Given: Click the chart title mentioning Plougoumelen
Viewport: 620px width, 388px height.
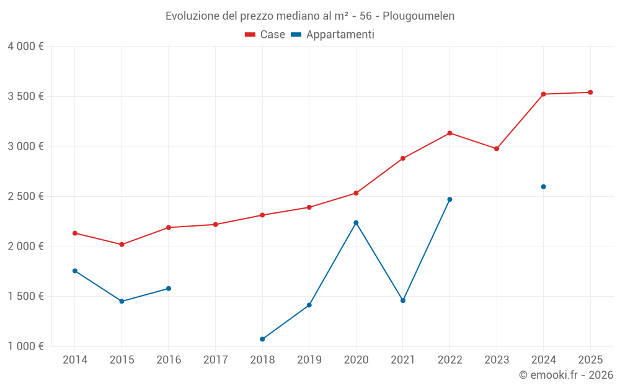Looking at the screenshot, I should tap(310, 16).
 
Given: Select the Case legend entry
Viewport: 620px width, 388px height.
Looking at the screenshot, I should tap(265, 35).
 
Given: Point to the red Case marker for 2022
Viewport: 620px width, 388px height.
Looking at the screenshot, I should tap(449, 133).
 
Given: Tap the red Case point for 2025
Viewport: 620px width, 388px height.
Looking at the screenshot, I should tap(590, 92).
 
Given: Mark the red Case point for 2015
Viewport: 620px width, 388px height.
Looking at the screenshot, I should tap(122, 245).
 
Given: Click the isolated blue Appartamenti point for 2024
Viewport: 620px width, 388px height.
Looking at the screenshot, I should tap(543, 187).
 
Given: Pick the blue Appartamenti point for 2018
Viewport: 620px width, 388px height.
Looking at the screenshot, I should tap(262, 339).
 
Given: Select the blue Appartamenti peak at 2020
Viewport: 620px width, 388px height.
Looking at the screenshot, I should tap(356, 223).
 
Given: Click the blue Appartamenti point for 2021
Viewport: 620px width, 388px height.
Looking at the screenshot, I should tap(403, 300).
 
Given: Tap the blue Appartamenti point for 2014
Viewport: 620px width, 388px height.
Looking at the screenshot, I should tap(75, 271).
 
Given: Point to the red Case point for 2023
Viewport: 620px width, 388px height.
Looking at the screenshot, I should tap(497, 149).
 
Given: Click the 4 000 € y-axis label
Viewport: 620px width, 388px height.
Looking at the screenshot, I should tap(25, 47).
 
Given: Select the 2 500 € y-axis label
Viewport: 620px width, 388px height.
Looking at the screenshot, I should tap(25, 196).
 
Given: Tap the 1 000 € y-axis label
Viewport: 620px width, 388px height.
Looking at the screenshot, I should tap(25, 346).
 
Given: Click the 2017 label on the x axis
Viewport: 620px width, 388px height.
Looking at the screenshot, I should tap(215, 360).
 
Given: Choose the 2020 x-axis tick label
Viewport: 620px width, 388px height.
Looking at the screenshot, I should tap(356, 360).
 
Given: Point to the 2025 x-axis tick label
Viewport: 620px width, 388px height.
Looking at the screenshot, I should tap(590, 360).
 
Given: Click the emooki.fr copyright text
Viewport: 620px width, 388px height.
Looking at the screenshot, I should tap(565, 375).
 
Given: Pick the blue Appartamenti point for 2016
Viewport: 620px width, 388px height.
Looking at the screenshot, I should tap(169, 289).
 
